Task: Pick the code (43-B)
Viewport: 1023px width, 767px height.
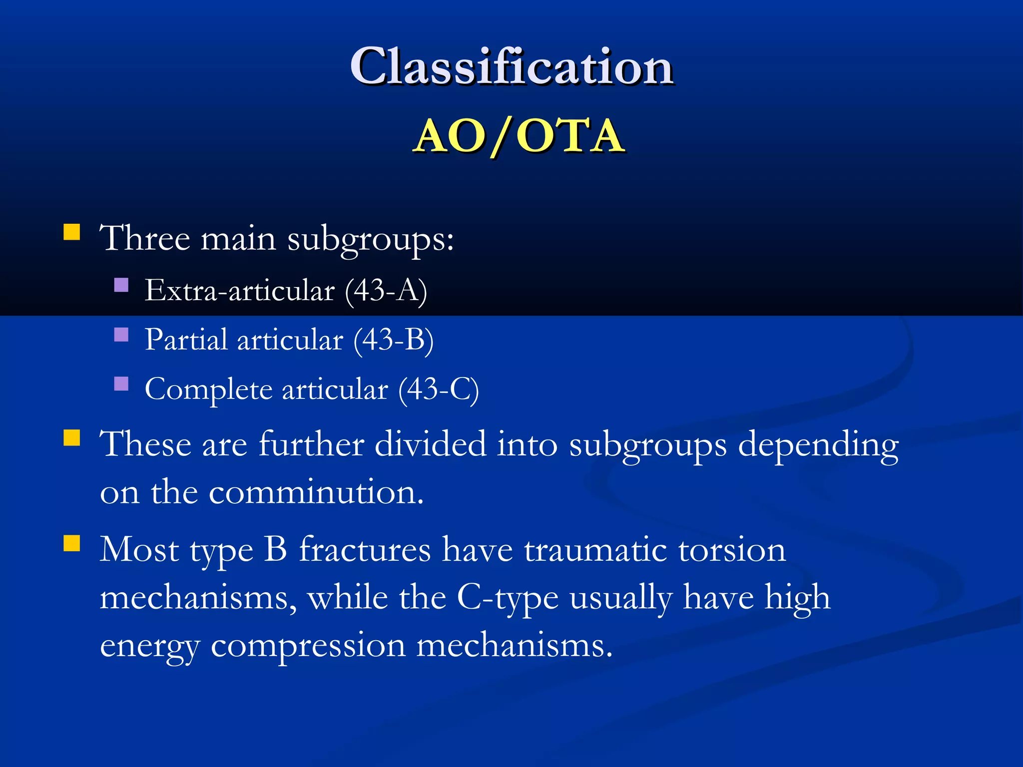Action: pyautogui.click(x=393, y=340)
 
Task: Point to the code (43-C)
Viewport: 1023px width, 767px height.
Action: pyautogui.click(x=438, y=389)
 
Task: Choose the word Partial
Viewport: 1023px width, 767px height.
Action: pyautogui.click(x=186, y=340)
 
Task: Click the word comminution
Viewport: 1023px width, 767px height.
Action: pyautogui.click(x=316, y=492)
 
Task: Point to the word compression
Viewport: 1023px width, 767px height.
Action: pyautogui.click(x=308, y=646)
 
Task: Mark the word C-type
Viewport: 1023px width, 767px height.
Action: pyautogui.click(x=508, y=598)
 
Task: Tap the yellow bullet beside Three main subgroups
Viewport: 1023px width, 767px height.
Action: pyautogui.click(x=72, y=232)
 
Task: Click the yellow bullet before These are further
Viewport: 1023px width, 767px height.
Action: pyautogui.click(x=72, y=438)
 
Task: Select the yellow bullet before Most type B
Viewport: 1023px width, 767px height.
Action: pyautogui.click(x=72, y=543)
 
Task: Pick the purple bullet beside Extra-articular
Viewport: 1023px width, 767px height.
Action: pyautogui.click(x=121, y=285)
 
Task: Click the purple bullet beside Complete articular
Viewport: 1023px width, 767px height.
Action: pyautogui.click(x=121, y=383)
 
